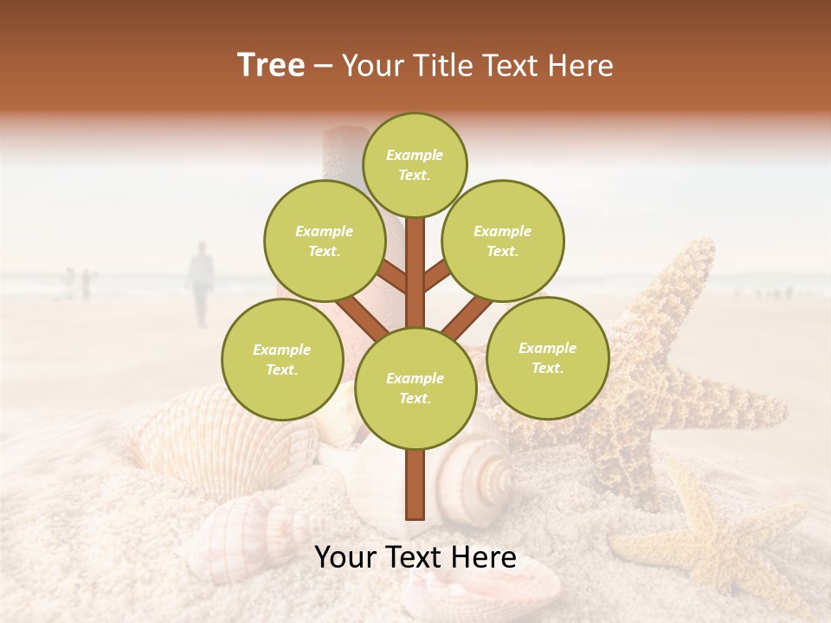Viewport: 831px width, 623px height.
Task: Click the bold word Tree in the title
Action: pos(271,66)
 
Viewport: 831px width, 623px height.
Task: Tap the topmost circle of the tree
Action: pos(415,164)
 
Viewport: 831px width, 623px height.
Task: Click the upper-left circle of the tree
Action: pos(324,241)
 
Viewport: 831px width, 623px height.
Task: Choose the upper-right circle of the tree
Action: pos(502,241)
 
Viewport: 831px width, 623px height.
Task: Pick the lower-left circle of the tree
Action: pos(281,359)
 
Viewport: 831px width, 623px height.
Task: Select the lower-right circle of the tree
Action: pos(547,357)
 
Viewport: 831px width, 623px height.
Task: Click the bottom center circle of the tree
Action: pos(415,388)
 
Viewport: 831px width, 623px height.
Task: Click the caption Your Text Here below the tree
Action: pos(415,557)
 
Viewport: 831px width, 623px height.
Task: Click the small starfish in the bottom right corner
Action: pos(710,536)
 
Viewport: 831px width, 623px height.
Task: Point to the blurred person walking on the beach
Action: pos(201,281)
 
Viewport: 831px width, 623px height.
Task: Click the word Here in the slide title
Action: pos(582,66)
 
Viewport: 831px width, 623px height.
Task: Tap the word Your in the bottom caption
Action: pos(345,557)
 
